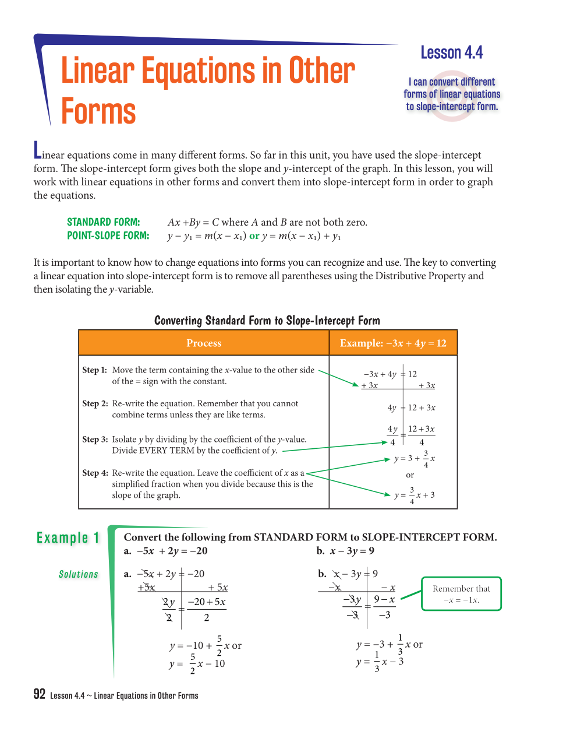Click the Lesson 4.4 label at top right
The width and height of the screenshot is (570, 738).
tap(452, 53)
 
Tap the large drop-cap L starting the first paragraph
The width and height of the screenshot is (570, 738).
tap(37, 150)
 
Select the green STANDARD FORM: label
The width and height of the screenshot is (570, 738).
tap(103, 222)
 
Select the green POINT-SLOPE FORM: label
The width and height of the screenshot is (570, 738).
tap(108, 236)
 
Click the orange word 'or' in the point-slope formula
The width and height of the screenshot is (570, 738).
tap(254, 236)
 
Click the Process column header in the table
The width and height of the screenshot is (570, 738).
tap(204, 343)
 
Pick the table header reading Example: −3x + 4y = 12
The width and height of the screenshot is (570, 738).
tap(393, 343)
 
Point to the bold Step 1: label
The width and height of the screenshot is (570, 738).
tap(94, 370)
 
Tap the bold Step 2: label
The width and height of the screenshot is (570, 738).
tap(94, 403)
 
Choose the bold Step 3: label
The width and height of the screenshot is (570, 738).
tap(94, 440)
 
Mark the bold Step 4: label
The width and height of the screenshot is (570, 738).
tap(94, 473)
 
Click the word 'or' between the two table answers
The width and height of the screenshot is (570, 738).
tap(410, 475)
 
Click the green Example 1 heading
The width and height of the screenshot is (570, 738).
tap(68, 537)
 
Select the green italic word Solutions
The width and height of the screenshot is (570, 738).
tap(79, 575)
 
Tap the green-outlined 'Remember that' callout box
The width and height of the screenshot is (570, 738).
tap(461, 594)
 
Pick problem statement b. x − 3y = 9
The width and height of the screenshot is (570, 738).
tap(346, 551)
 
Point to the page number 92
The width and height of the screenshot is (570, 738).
tap(40, 694)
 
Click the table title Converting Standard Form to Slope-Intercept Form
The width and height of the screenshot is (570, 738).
tap(267, 321)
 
